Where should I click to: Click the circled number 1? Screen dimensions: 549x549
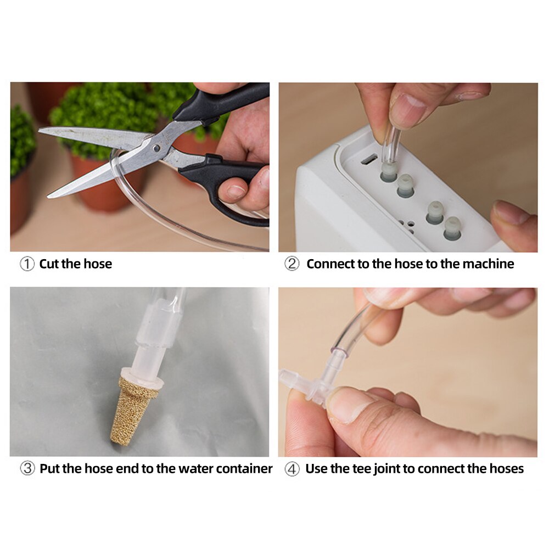[27, 264]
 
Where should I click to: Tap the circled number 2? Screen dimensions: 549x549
[292, 264]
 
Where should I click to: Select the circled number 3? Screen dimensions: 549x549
[27, 469]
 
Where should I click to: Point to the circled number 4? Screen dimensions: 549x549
[292, 469]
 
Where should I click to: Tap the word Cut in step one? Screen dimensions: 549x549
[49, 264]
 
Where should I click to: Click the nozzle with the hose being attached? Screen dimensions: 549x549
[389, 172]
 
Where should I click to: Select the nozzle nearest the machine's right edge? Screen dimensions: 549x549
[452, 227]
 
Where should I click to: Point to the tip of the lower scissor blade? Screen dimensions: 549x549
[49, 195]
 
